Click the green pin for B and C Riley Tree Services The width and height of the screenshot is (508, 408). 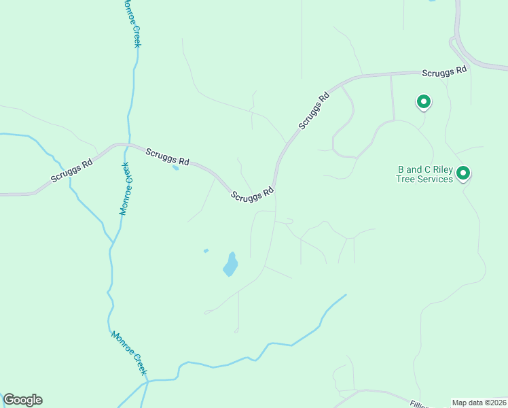point(463,173)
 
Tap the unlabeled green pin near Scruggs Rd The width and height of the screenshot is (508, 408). point(423,102)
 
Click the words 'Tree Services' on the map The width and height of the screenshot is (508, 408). point(424,180)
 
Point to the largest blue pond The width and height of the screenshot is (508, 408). point(231,265)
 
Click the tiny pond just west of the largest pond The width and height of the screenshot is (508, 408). point(206,251)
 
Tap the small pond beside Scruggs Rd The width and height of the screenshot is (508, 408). point(176,167)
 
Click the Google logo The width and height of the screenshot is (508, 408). point(22,400)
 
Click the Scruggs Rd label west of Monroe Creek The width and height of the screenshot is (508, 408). point(71,171)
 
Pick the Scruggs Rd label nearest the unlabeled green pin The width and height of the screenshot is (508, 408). point(444,71)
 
